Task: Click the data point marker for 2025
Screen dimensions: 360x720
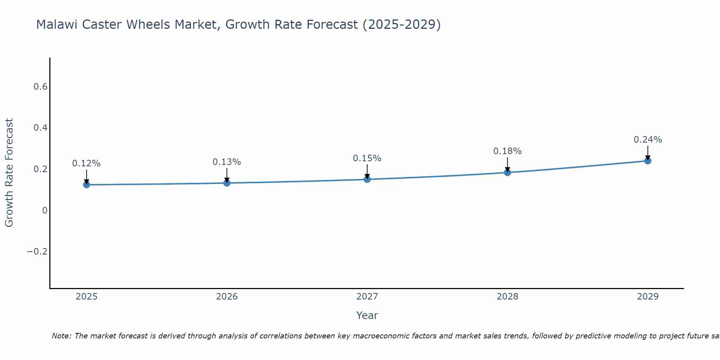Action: pos(86,185)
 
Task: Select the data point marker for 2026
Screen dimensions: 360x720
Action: pos(227,183)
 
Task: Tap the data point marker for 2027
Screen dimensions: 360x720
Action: pos(367,179)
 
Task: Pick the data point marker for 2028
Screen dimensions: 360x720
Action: pos(507,172)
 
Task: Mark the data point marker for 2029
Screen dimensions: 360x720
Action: pos(648,161)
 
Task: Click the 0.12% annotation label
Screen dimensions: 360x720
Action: pos(86,163)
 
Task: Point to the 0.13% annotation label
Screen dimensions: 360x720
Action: pos(227,162)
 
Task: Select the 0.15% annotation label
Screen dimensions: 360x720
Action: pos(367,158)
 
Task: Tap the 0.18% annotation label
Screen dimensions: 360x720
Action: pos(507,151)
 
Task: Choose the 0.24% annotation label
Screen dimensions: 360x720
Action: pos(648,140)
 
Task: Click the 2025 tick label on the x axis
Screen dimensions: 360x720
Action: pos(86,297)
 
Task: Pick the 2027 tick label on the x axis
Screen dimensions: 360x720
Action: pos(367,297)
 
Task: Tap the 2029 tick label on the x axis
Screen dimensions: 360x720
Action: pos(648,297)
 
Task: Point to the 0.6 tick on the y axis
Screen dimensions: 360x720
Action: pos(40,87)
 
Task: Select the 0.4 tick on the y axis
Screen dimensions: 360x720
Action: pos(40,128)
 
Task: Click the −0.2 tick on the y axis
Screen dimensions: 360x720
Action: pos(37,251)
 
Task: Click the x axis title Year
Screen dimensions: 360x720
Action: pos(367,315)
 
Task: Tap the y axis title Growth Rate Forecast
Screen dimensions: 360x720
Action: pos(9,173)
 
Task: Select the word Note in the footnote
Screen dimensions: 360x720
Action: pos(61,336)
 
